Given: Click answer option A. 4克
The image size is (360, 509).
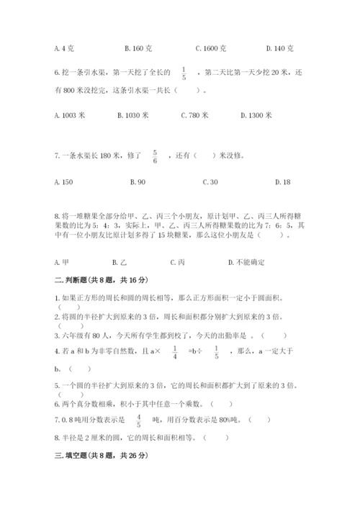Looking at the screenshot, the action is point(64,48).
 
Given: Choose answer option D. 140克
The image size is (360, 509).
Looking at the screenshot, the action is point(279,48).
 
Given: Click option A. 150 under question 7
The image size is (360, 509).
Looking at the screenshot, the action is point(63,182).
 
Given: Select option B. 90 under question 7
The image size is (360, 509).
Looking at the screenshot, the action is point(138,182).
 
